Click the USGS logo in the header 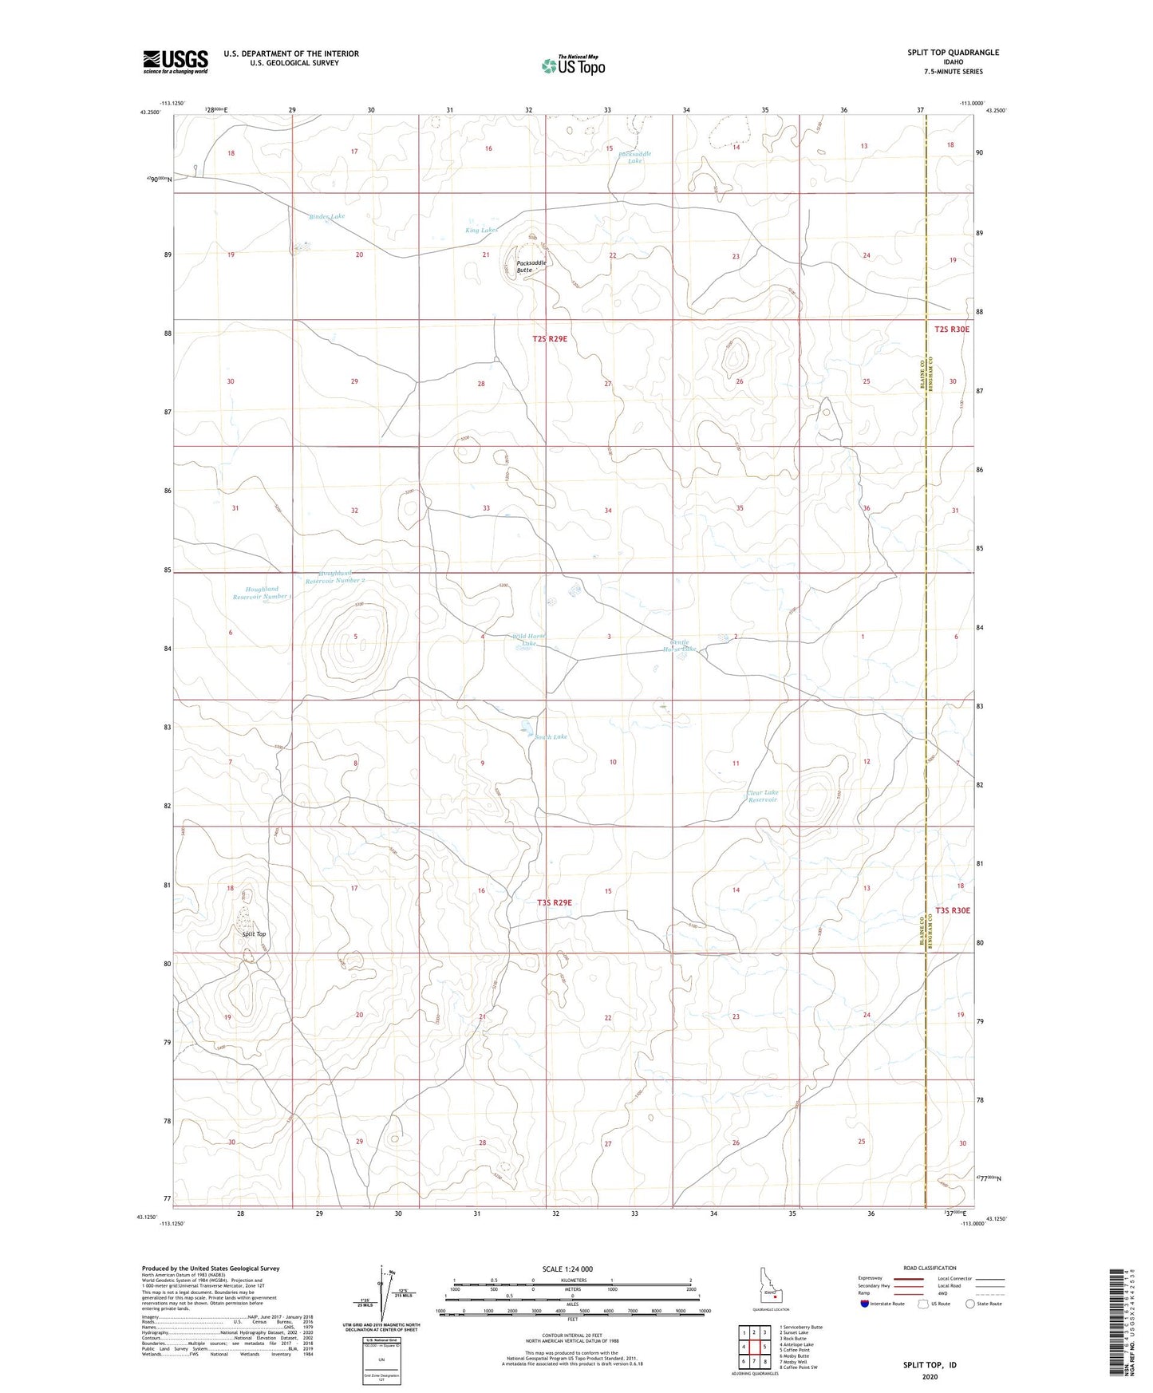[176, 61]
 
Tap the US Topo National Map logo [573, 65]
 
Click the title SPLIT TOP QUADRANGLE [953, 53]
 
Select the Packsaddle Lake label [634, 157]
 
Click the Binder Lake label [327, 216]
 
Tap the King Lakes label [481, 230]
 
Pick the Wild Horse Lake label [528, 639]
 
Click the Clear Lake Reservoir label [762, 795]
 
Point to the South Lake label [551, 736]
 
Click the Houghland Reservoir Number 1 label [261, 593]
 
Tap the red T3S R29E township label [554, 902]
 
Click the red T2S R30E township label [952, 329]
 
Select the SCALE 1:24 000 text [567, 1269]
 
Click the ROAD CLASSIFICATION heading [930, 1268]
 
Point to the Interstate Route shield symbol [865, 1304]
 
